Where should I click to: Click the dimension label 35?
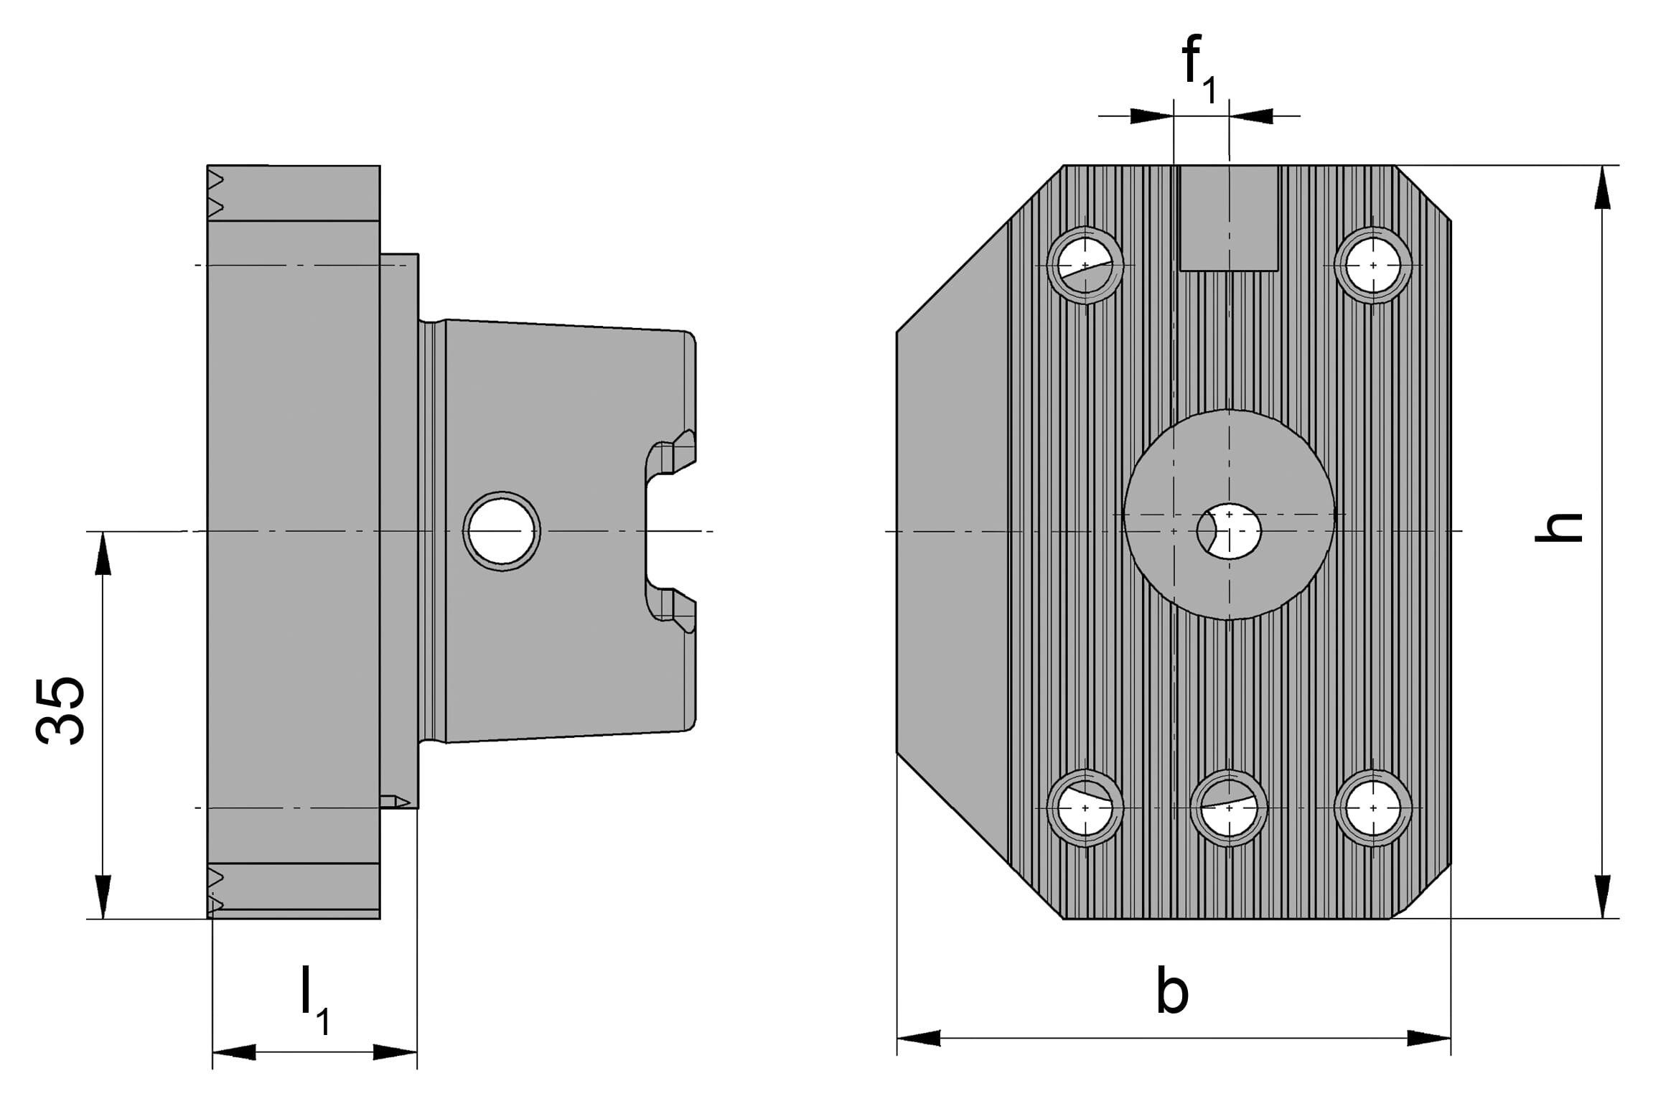(61, 711)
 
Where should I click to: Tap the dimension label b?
(1172, 991)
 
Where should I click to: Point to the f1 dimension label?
(1198, 68)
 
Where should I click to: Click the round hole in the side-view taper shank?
(502, 531)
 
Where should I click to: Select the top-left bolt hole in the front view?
(1085, 265)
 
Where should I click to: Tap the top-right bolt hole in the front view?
(1373, 265)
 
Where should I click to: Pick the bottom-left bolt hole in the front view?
(1085, 808)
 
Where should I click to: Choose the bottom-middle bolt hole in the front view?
(1229, 808)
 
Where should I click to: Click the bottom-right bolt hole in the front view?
(1373, 808)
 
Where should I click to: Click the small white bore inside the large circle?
(1229, 531)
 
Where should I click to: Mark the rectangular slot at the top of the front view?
(1229, 218)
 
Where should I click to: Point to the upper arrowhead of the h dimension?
(1602, 188)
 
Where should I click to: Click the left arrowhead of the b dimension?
(919, 1038)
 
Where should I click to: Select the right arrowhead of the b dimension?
(1429, 1038)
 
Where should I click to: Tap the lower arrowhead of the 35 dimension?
(103, 897)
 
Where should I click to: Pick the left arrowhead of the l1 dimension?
(234, 1053)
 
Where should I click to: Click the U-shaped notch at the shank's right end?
(664, 531)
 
